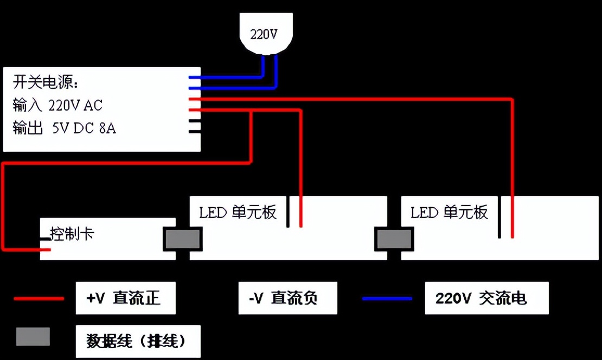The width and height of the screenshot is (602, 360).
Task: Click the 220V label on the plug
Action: click(264, 34)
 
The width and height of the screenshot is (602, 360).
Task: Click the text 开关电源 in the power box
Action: click(46, 83)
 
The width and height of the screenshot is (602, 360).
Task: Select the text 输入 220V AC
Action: click(57, 105)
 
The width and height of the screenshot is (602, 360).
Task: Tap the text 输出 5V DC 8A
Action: click(65, 128)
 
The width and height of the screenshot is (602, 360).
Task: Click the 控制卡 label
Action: click(72, 234)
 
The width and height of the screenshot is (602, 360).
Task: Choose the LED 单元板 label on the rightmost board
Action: click(449, 212)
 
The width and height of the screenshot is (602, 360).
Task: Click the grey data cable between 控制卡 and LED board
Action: click(183, 239)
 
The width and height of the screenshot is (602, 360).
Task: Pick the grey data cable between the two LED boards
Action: click(394, 239)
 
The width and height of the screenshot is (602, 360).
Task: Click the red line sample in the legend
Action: click(39, 298)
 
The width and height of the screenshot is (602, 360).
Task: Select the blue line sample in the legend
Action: click(387, 298)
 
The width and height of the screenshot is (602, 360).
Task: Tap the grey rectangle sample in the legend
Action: click(33, 337)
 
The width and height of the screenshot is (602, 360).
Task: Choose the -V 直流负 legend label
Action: click(287, 298)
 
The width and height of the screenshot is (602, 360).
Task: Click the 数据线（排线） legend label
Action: click(138, 341)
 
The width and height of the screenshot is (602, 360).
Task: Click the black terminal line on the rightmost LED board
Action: click(499, 217)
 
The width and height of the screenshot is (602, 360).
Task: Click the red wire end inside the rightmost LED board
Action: click(512, 228)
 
